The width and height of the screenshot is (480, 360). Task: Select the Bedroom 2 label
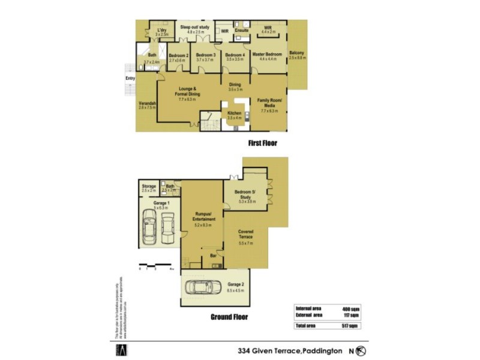[179, 55]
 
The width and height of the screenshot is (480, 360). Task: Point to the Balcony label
[296, 53]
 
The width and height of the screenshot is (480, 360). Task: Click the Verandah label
[147, 103]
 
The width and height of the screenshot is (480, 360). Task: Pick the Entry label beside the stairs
[130, 78]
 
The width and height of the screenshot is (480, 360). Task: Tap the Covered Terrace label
[245, 234]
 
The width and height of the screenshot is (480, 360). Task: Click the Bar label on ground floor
[213, 256]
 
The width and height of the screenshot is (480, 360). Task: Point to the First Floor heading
[263, 143]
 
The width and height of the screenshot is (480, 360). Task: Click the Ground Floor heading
[229, 317]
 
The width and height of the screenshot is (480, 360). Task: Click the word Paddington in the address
[322, 350]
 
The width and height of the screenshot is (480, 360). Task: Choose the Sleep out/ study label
[194, 27]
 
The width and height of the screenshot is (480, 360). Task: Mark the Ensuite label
[242, 30]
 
